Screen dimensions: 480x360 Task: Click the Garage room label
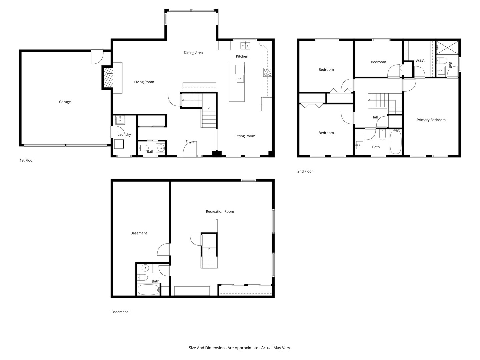click(x=65, y=102)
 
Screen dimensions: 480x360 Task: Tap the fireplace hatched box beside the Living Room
click(x=108, y=78)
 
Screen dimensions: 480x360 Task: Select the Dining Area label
click(x=193, y=53)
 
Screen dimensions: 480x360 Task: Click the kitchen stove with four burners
click(x=268, y=72)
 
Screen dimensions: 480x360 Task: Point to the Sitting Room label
click(x=245, y=136)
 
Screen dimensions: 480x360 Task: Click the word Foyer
click(x=190, y=142)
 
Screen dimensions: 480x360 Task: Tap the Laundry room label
click(x=124, y=135)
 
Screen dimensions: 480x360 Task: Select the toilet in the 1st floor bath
click(x=143, y=148)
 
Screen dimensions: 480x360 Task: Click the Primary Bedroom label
click(x=431, y=120)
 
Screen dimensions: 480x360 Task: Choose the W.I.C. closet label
click(x=420, y=61)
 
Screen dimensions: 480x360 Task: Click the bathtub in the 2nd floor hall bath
click(x=396, y=142)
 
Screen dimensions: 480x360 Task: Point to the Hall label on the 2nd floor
click(x=374, y=117)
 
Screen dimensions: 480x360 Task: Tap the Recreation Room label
click(x=220, y=212)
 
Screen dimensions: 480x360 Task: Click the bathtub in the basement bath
click(x=149, y=290)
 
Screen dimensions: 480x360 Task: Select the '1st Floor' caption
click(x=27, y=160)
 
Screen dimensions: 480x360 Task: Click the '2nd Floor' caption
click(x=305, y=171)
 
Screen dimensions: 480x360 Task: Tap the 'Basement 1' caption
click(x=121, y=312)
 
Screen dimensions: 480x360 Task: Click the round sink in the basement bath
click(x=145, y=268)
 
